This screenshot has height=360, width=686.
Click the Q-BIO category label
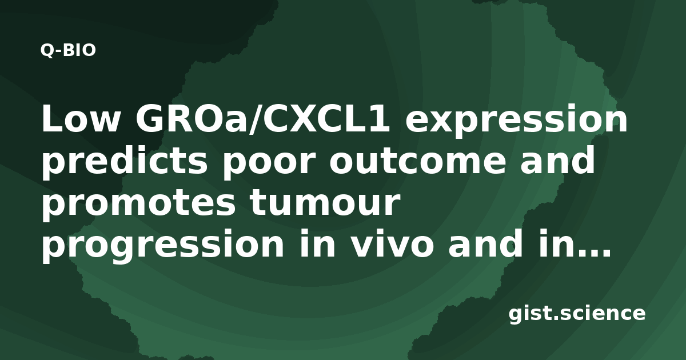click(x=68, y=50)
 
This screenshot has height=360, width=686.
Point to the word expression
click(x=516, y=122)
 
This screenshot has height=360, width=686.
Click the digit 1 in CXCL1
click(x=379, y=119)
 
